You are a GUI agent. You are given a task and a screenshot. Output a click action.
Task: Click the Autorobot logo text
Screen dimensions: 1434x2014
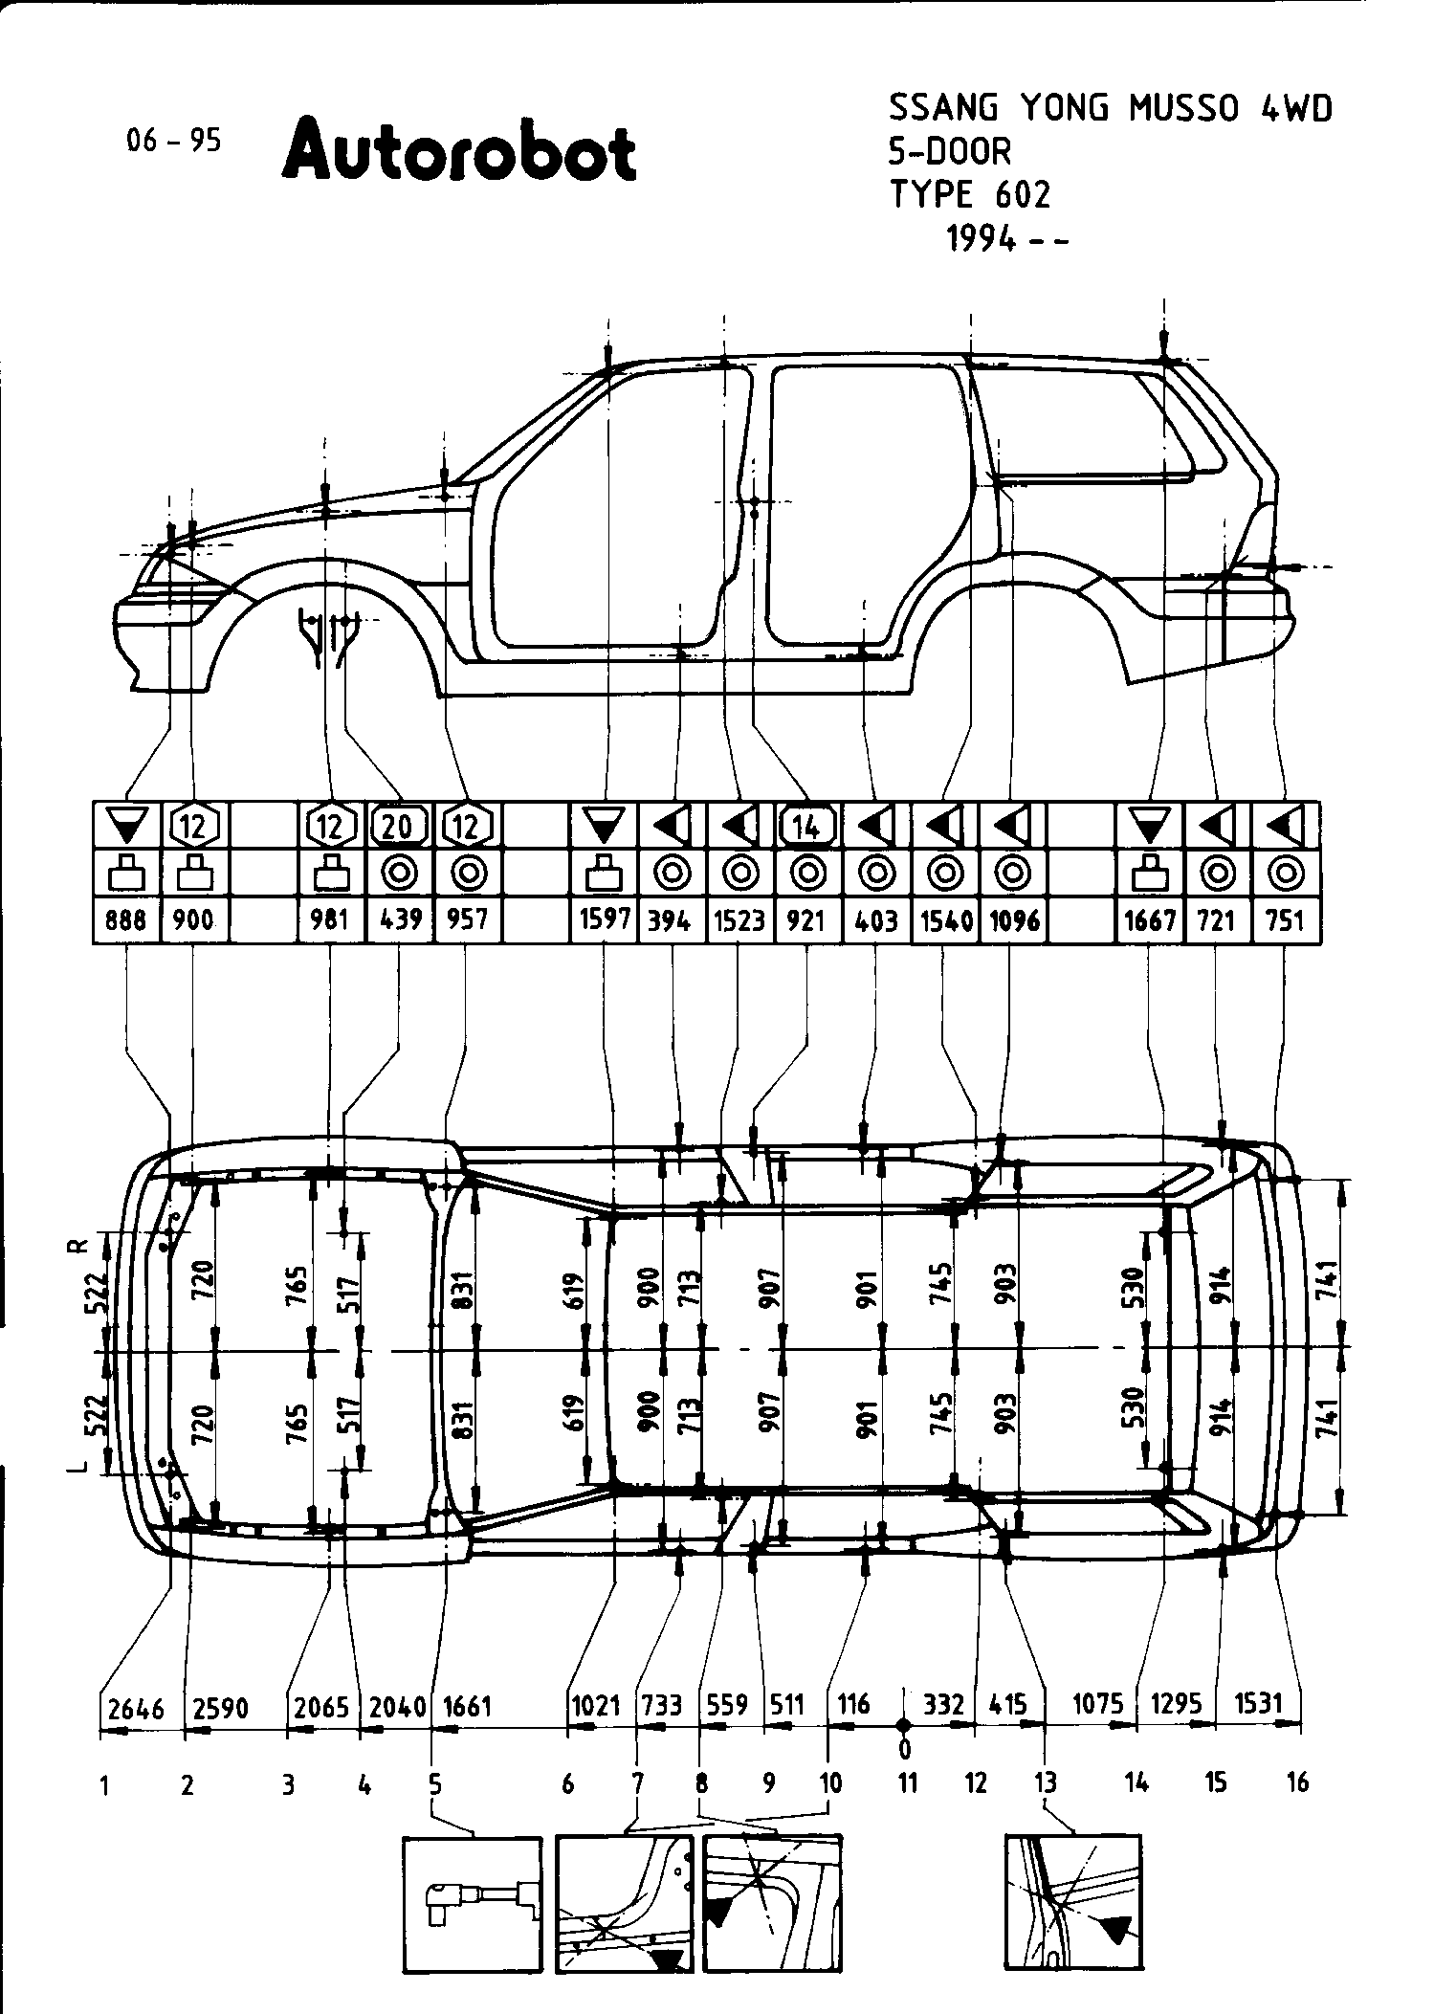click(459, 151)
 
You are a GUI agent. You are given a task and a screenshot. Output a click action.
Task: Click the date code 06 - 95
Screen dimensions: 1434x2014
click(173, 141)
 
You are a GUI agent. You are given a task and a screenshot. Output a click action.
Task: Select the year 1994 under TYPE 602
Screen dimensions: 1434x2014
click(981, 238)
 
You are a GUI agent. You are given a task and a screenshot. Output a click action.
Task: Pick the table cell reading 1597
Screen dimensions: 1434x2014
click(604, 919)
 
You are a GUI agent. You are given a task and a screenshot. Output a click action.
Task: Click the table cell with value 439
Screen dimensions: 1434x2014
click(400, 919)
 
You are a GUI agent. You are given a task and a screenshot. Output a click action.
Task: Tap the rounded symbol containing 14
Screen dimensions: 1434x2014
click(807, 825)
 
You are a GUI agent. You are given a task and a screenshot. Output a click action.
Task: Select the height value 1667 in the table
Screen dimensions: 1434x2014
click(1150, 919)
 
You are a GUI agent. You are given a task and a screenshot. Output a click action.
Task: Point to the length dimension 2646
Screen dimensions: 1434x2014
click(136, 1708)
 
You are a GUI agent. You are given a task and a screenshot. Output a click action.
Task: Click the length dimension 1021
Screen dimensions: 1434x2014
click(595, 1705)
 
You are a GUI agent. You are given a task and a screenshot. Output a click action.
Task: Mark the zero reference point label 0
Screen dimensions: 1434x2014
click(905, 1750)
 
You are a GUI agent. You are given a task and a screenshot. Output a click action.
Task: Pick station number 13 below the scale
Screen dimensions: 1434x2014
click(1046, 1783)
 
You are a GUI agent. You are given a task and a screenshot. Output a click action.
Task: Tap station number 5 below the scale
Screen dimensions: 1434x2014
click(434, 1783)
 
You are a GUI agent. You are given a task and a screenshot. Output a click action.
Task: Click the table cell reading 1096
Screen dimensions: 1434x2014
click(1013, 919)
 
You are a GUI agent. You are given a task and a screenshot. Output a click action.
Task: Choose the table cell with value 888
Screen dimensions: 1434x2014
click(127, 919)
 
